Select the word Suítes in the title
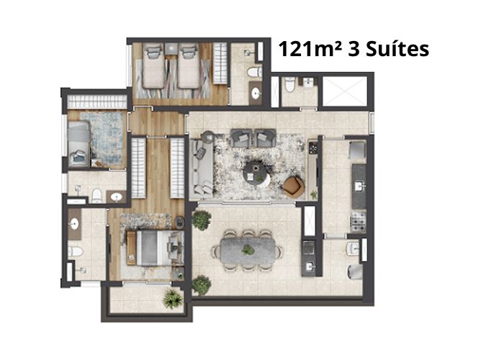397,49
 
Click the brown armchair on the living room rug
294,186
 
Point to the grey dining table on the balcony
248,250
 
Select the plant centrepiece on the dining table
248,249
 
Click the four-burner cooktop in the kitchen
359,222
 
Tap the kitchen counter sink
359,186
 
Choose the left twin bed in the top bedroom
153,66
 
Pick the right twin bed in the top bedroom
189,66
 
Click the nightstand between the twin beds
171,48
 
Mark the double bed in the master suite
154,248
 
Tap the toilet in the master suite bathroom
75,252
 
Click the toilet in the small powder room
290,84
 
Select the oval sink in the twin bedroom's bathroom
256,93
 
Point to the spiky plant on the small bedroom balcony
173,299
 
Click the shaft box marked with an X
345,91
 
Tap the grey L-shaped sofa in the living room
201,167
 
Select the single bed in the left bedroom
78,143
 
